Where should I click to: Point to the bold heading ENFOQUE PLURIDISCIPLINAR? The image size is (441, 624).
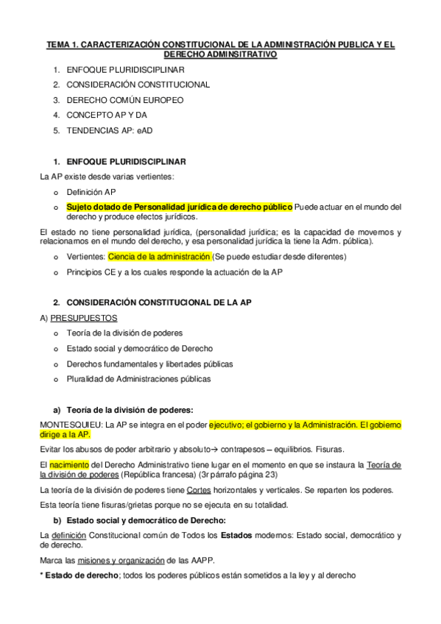(126, 161)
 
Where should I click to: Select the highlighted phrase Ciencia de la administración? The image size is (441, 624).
(158, 257)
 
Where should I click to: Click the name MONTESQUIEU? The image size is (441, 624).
(71, 424)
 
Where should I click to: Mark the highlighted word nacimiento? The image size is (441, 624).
(69, 464)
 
